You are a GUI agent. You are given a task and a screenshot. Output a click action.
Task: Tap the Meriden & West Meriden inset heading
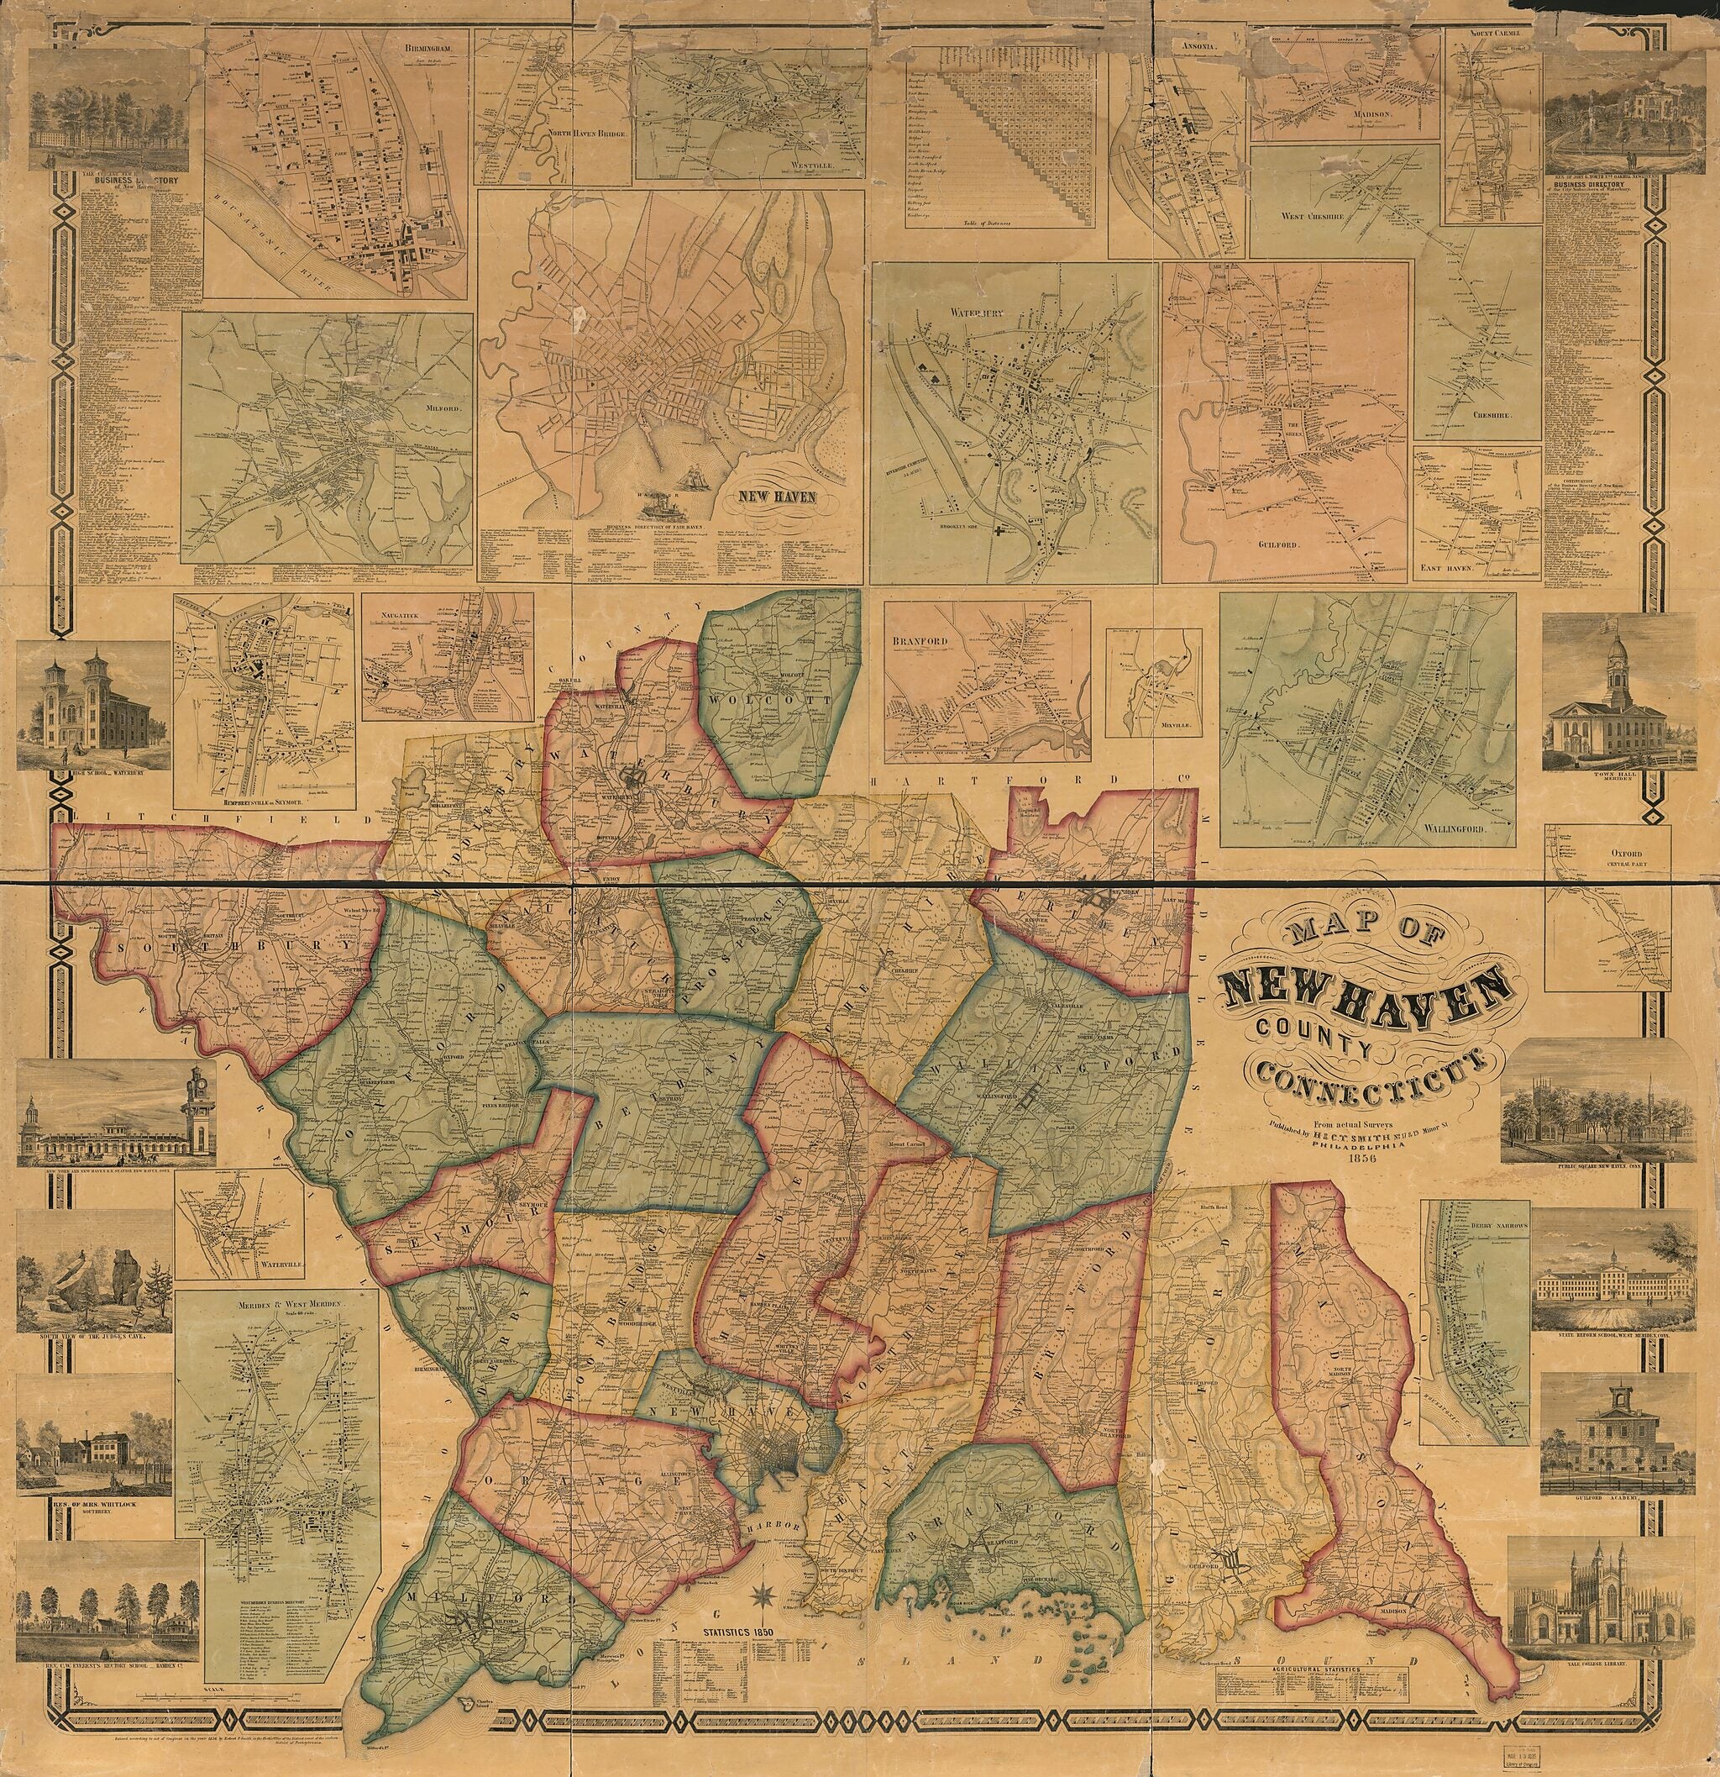tap(275, 1304)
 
